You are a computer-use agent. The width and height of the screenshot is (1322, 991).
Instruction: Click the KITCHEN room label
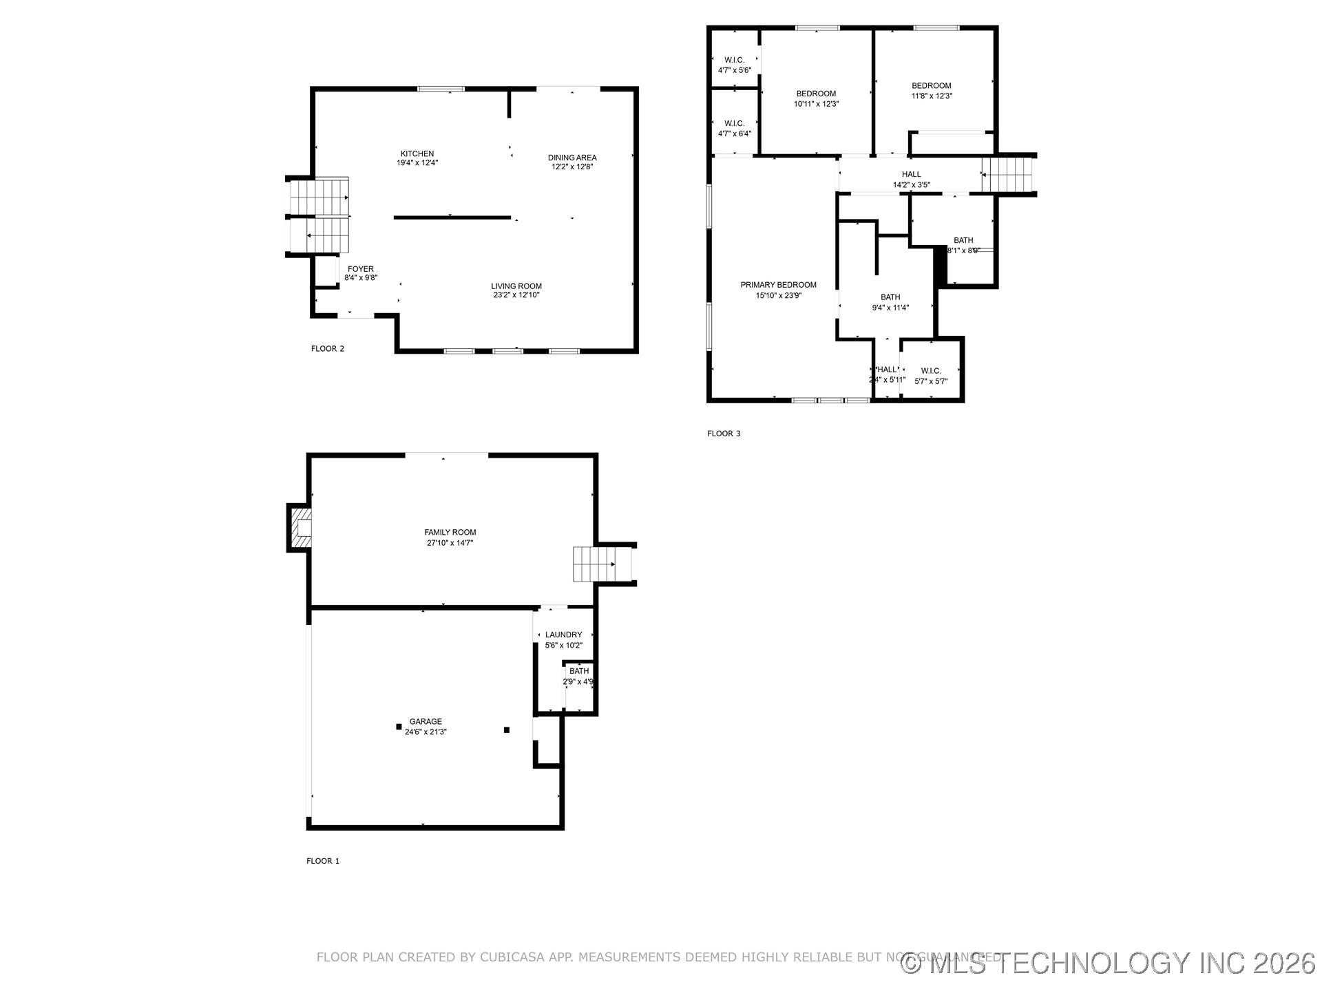tap(417, 154)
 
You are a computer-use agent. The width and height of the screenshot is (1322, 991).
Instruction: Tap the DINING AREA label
tap(571, 158)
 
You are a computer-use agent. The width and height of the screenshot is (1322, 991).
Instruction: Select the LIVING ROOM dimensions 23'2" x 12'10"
tap(516, 295)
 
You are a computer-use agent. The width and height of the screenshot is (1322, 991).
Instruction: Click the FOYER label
tap(361, 269)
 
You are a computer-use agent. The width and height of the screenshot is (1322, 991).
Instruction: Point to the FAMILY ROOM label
tap(450, 532)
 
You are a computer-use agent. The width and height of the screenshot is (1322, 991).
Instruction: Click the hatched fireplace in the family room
tap(301, 528)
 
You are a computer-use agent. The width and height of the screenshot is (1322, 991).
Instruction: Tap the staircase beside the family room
tap(594, 564)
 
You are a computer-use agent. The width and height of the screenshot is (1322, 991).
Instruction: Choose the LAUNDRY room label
tap(563, 635)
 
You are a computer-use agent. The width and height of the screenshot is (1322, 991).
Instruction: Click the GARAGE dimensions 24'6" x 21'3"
tap(426, 732)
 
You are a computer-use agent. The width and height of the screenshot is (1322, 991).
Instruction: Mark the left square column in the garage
tap(399, 727)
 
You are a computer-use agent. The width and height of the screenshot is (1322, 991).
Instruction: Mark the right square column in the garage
tap(507, 729)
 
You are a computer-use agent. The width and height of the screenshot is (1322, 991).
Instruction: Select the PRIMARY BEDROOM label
tap(778, 285)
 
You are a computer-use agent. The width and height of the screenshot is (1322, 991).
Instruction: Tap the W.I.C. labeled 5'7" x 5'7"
tap(930, 376)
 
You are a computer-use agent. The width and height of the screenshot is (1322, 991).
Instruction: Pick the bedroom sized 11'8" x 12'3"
tap(931, 91)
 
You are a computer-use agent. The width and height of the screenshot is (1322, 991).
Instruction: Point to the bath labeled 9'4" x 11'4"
tap(890, 302)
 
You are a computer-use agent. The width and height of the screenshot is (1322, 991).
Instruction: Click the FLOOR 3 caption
tap(724, 434)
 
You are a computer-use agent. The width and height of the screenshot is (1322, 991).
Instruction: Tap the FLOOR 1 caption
tap(323, 861)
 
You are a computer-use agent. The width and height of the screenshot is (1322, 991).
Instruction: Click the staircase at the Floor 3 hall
tap(1008, 175)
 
